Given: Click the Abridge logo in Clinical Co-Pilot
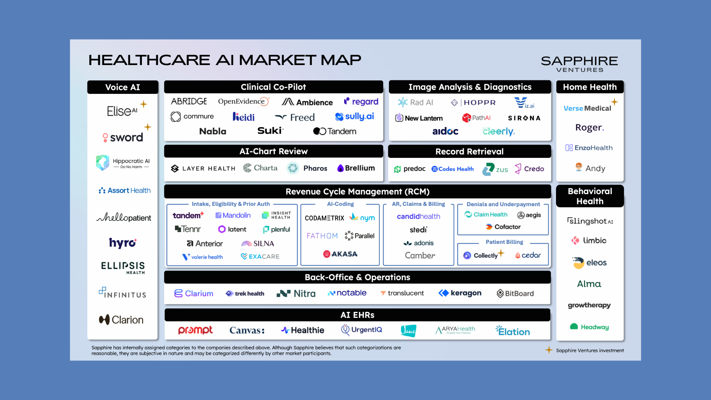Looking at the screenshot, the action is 189,101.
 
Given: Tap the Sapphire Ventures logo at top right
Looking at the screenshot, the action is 579,64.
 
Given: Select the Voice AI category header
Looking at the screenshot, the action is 123,87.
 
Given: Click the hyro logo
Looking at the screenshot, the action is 123,243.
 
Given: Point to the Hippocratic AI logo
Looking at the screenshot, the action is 123,162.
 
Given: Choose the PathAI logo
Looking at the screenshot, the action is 476,118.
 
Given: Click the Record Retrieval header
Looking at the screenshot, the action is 469,151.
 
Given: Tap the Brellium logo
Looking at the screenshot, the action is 356,168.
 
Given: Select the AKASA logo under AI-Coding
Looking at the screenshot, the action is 340,254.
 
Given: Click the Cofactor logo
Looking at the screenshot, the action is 503,227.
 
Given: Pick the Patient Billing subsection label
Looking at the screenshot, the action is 504,242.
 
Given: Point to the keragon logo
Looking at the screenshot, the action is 460,293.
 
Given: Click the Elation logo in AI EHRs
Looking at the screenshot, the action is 513,331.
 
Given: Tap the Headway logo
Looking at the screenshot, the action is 589,327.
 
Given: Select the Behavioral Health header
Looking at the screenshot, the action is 590,196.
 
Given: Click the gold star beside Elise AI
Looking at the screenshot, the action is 144,104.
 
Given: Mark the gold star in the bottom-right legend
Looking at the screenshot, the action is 549,350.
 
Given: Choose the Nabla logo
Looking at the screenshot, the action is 213,131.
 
